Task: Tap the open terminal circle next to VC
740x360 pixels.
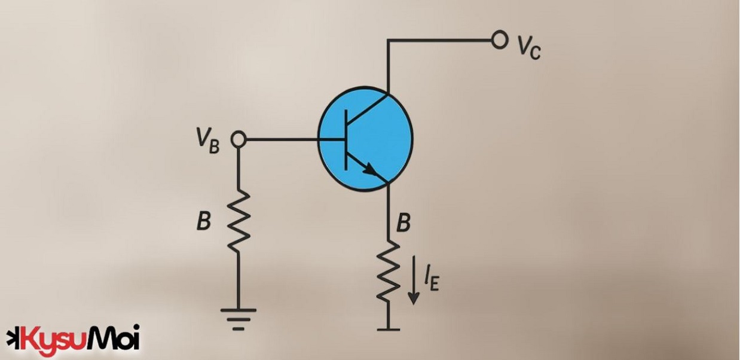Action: point(499,40)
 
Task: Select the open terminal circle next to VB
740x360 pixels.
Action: point(238,139)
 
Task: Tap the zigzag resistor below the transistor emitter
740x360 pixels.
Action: point(388,272)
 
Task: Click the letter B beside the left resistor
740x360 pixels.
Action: point(204,221)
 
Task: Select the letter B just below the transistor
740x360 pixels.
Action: point(404,223)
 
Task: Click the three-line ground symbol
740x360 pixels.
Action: point(238,318)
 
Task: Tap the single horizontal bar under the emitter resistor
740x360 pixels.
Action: point(388,329)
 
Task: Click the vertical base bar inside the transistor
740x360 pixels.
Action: point(346,139)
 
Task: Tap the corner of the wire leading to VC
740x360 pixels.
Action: point(388,41)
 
